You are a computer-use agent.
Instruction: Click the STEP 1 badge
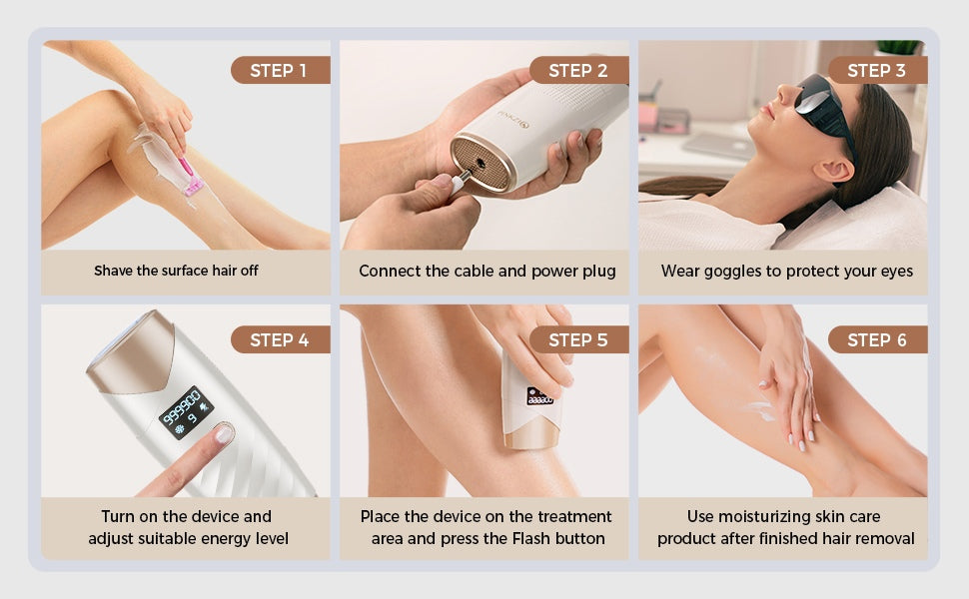click(281, 70)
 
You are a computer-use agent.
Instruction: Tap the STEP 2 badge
click(579, 70)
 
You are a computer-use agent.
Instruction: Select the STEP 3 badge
click(877, 70)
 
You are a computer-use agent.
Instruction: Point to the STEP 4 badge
click(281, 339)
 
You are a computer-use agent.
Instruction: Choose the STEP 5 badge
click(579, 339)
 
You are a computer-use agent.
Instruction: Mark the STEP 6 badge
click(877, 339)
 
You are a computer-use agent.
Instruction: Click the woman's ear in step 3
click(832, 171)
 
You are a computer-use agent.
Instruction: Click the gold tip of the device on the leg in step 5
click(530, 435)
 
